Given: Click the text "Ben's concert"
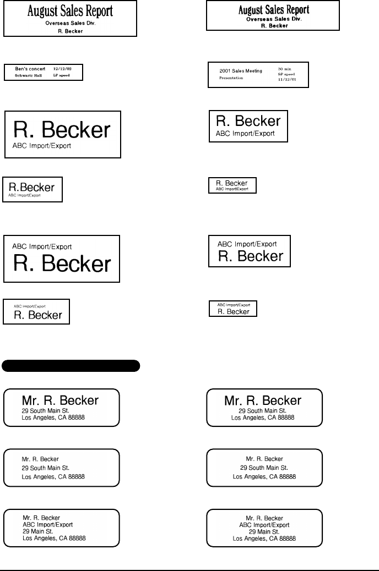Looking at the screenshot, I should pos(30,69).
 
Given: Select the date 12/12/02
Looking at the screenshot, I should pos(62,69).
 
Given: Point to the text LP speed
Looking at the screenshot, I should pos(61,75).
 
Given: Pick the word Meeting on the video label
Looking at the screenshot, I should pos(253,71).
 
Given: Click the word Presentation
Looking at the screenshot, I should pos(231,78).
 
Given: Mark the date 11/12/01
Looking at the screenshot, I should pos(287,79).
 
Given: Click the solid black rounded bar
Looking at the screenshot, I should pos(72,365).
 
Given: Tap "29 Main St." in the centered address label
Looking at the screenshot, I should pos(264,531).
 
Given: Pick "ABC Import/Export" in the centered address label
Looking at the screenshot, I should pos(264,525).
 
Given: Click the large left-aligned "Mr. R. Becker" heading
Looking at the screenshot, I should pos(60,400).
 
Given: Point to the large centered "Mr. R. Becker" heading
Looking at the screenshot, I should pos(263,400).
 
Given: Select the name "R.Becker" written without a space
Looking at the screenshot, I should pos(32,188).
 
